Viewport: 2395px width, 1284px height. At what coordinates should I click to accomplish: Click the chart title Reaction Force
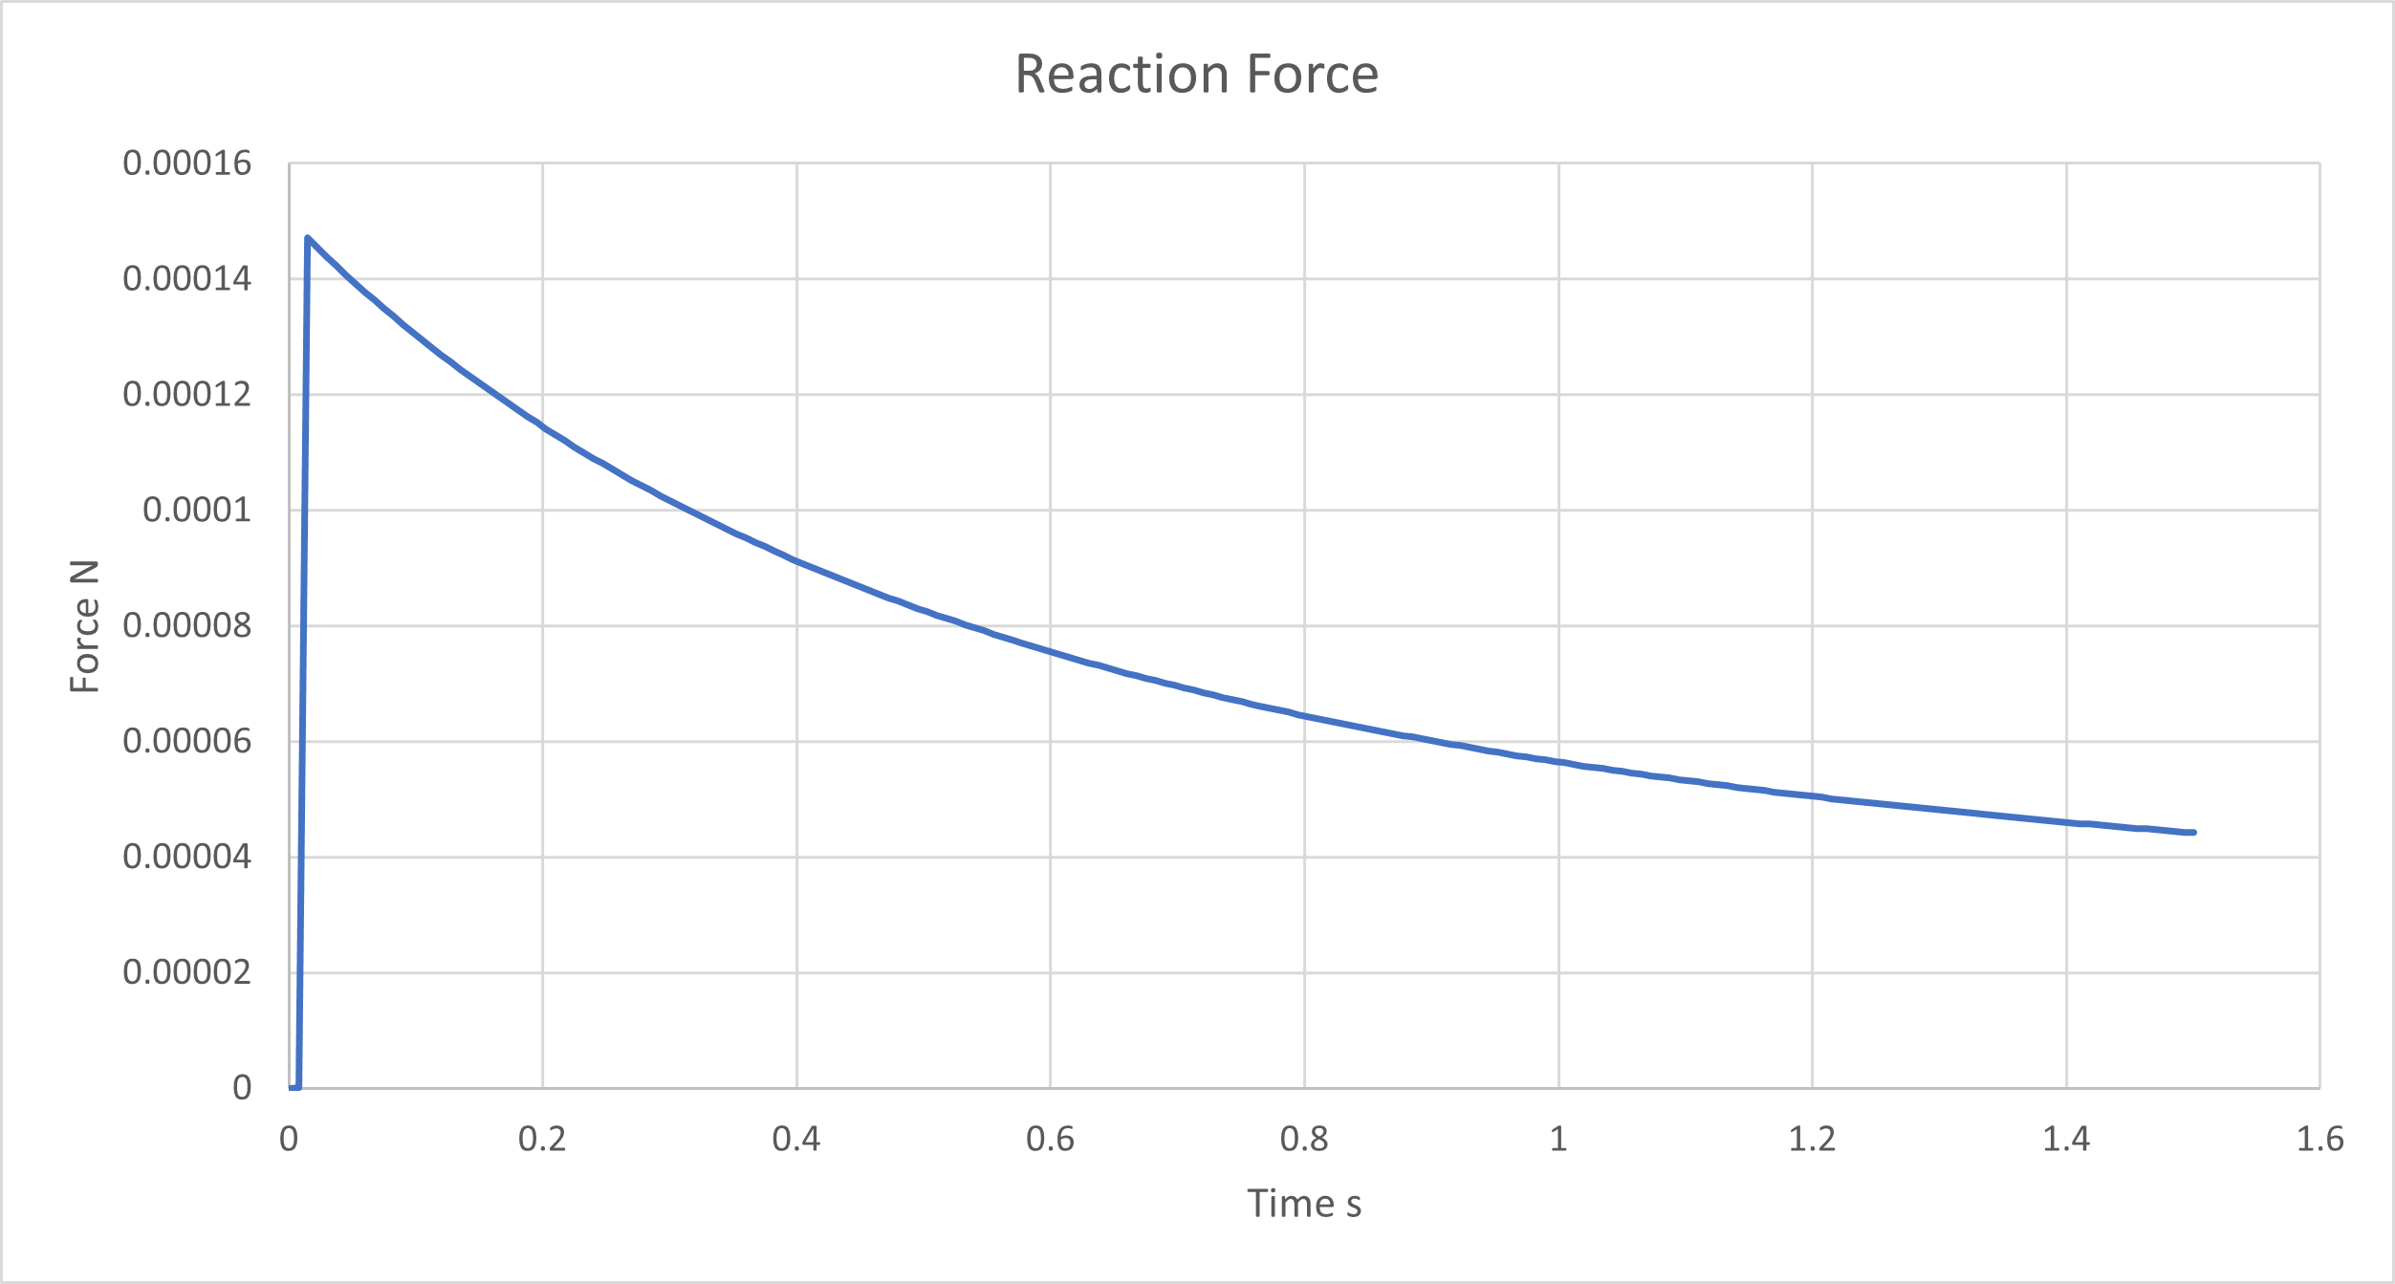(1196, 75)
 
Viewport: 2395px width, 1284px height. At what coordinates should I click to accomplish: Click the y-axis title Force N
(85, 626)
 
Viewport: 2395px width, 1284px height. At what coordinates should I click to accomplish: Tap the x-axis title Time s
(1303, 1204)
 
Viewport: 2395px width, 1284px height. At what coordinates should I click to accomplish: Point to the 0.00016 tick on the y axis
(186, 163)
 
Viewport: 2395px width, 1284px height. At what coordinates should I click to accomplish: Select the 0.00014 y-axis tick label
(186, 279)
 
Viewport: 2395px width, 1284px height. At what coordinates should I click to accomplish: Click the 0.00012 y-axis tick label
(186, 395)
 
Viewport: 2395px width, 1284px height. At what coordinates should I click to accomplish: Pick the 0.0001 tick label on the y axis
(196, 511)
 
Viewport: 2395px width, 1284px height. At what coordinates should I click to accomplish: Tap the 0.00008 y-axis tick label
(186, 626)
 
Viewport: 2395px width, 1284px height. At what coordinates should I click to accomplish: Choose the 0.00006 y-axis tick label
(186, 742)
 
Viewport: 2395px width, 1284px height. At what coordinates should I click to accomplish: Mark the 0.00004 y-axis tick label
(186, 858)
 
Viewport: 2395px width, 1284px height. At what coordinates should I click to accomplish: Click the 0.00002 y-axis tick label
(186, 973)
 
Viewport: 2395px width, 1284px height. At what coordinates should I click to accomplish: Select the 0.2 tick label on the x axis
(542, 1140)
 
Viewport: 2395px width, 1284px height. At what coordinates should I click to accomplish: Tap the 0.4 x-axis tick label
(796, 1140)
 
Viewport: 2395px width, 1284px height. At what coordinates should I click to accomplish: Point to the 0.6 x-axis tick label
(1050, 1140)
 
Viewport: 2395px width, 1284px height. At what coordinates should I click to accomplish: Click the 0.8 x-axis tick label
(1304, 1140)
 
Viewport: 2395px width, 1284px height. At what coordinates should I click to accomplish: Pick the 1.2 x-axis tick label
(1812, 1140)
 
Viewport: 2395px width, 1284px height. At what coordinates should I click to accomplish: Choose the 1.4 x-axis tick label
(2066, 1140)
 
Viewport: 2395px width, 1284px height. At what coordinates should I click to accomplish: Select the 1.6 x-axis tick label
(2320, 1140)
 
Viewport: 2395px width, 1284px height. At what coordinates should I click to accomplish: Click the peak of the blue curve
(307, 238)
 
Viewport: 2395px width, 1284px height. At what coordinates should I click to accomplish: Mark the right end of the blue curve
(2193, 833)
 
